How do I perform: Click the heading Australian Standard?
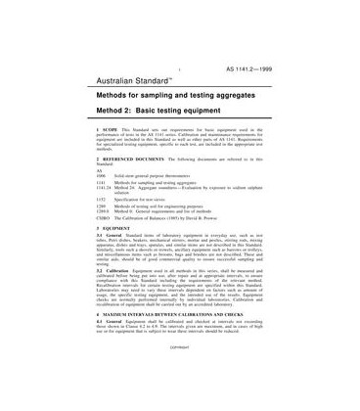coord(136,84)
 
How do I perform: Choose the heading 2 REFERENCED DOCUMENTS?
coord(134,185)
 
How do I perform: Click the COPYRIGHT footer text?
coord(180,399)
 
